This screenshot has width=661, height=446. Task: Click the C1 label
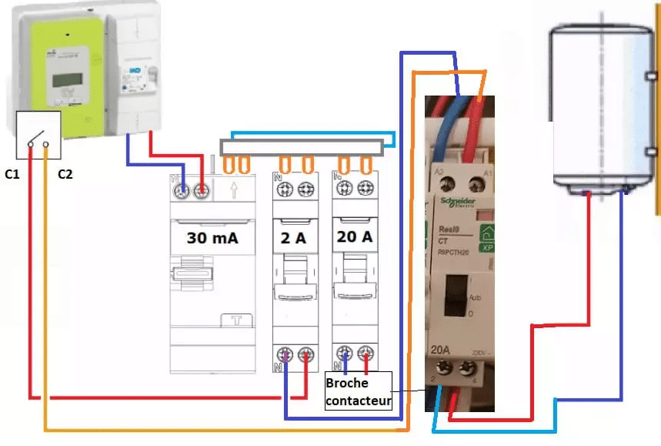pyautogui.click(x=11, y=175)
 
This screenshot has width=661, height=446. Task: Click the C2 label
pyautogui.click(x=65, y=175)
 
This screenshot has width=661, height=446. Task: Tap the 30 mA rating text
pyautogui.click(x=212, y=238)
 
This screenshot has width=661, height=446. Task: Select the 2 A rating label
pyautogui.click(x=294, y=239)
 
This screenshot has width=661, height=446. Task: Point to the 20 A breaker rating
pyautogui.click(x=354, y=237)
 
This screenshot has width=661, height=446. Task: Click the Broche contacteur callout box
pyautogui.click(x=358, y=391)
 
